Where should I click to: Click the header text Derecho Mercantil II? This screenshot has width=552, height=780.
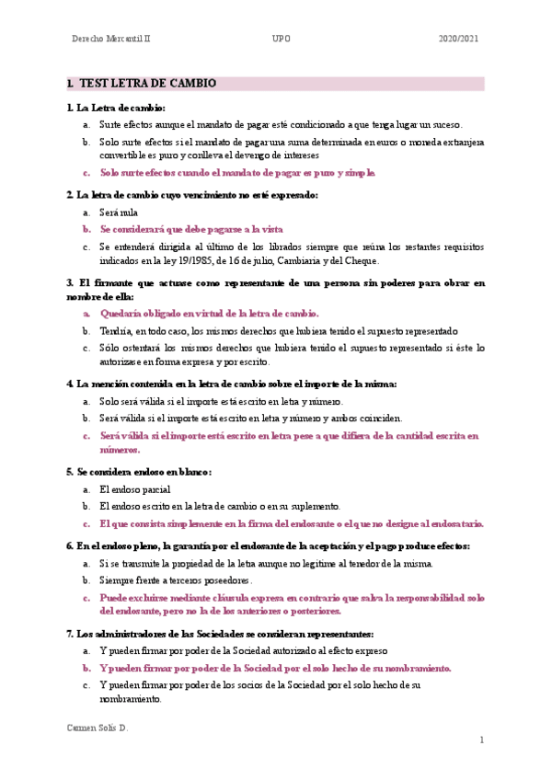116,40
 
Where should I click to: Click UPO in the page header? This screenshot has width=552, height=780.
281,40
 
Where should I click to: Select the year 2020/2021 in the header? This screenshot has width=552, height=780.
459,40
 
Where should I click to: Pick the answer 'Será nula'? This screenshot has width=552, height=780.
117,212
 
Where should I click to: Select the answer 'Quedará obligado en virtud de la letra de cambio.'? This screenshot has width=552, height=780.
209,314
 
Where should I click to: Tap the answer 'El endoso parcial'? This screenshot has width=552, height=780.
134,489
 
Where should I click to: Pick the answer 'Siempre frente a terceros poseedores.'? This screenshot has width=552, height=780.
175,580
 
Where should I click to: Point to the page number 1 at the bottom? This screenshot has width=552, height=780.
480,740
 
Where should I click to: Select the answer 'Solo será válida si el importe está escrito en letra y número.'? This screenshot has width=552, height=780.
221,401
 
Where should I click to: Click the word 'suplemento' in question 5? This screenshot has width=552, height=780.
316,506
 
